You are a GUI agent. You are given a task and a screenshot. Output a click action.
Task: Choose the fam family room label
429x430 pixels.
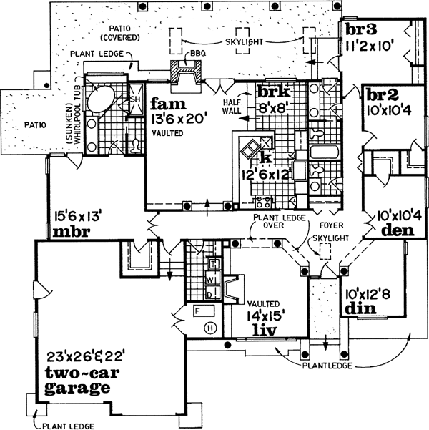[x=164, y=104]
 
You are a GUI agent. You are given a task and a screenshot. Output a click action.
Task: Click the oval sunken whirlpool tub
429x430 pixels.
[x=103, y=97]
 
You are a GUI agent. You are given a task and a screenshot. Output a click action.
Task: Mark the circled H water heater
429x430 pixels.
[x=209, y=328]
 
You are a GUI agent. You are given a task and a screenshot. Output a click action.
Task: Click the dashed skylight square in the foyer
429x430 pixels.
[x=326, y=252]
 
